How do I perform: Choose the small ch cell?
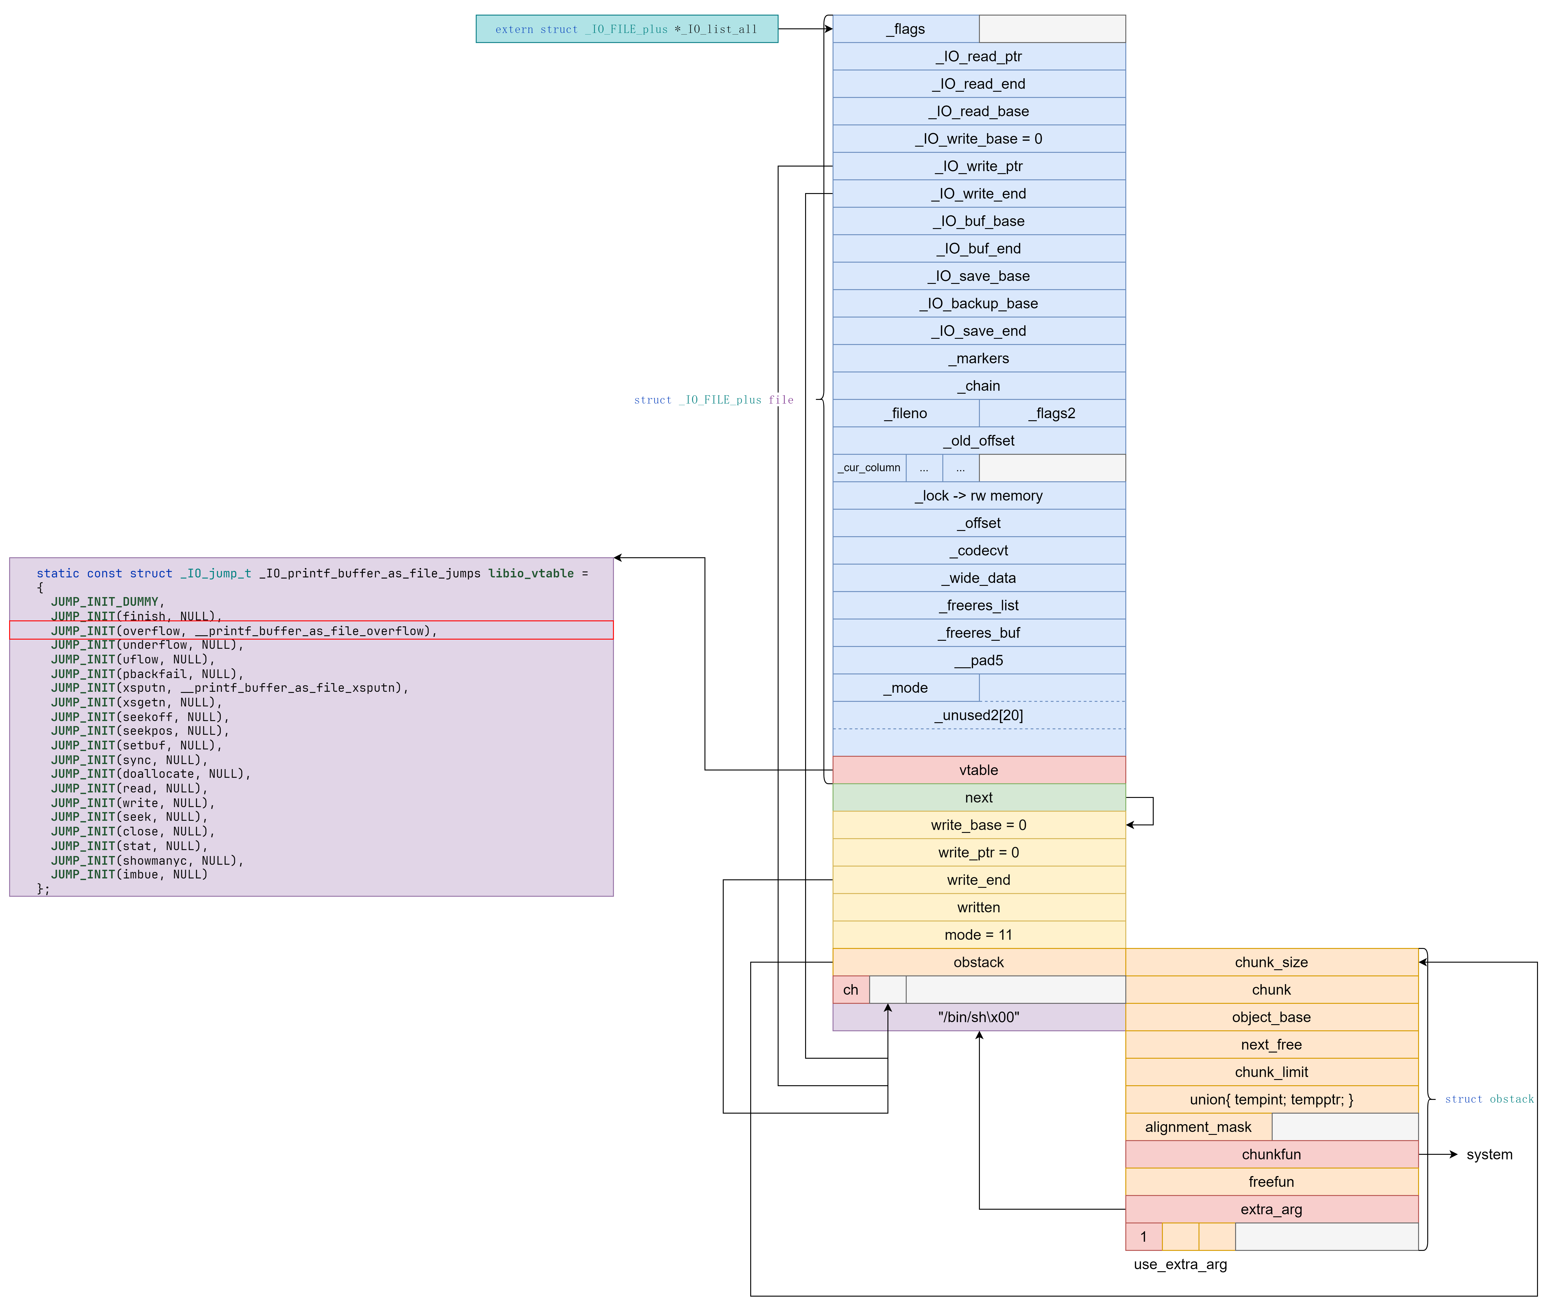point(851,990)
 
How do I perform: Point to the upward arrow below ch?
point(888,1017)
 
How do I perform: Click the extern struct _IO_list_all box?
point(626,29)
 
